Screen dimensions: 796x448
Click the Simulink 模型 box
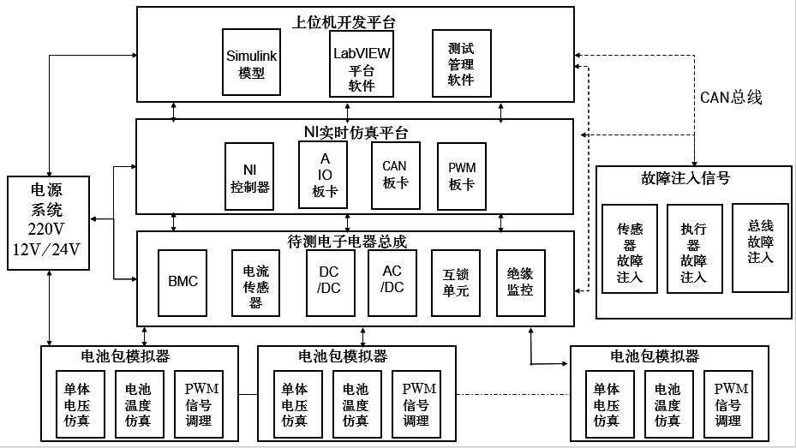(251, 62)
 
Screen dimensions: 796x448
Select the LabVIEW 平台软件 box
(362, 64)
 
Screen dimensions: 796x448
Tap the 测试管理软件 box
(462, 63)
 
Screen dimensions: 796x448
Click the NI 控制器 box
(249, 176)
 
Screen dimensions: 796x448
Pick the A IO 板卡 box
(323, 175)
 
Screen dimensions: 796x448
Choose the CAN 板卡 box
(396, 176)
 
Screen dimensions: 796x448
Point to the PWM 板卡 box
(462, 176)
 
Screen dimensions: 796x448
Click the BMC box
(183, 283)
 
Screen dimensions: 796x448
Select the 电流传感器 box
(255, 283)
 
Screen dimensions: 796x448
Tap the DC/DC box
(331, 283)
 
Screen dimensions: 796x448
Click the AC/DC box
(392, 283)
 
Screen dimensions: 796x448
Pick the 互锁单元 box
(455, 283)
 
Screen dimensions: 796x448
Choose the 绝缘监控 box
(521, 283)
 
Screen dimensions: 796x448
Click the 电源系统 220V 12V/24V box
(48, 223)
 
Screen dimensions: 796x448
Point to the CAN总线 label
(731, 98)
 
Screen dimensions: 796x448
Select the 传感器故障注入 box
(630, 248)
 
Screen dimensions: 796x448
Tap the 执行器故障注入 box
(695, 248)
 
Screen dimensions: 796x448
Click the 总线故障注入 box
(760, 248)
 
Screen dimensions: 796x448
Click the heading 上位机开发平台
(344, 22)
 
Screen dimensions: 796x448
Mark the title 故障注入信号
(685, 178)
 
